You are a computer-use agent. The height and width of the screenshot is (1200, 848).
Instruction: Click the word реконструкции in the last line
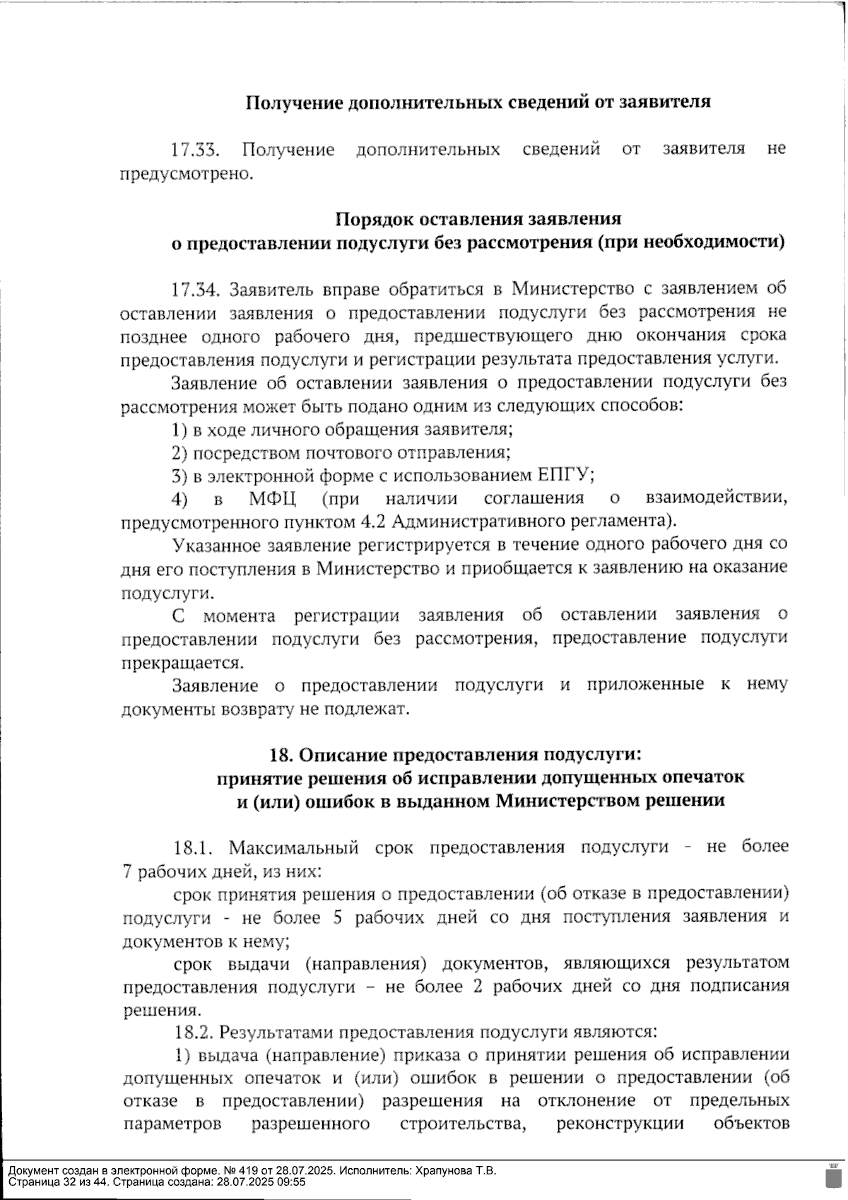pos(620,1123)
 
